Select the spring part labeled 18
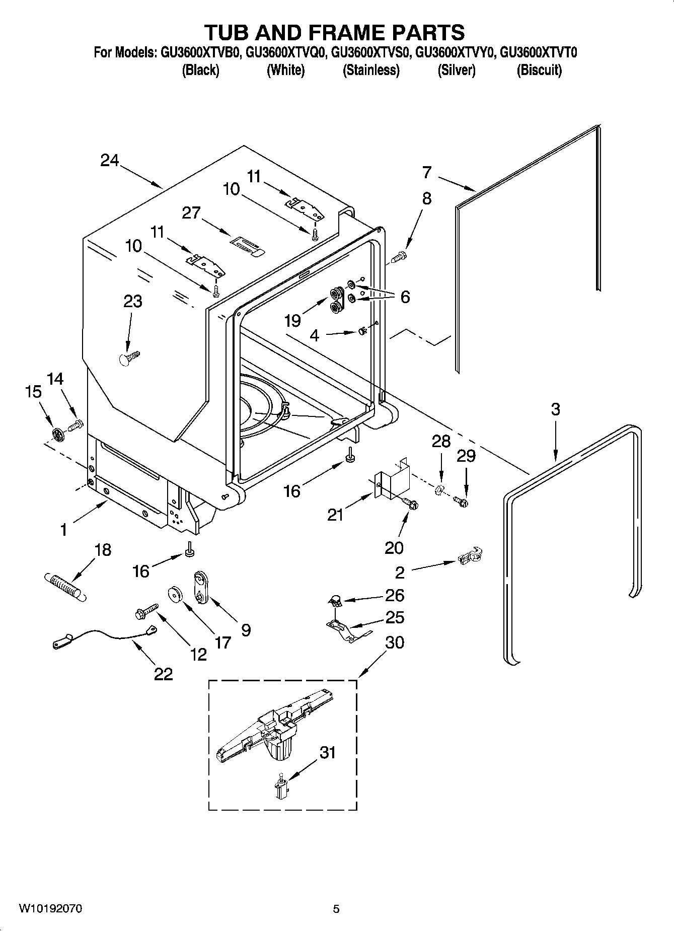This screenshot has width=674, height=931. (64, 585)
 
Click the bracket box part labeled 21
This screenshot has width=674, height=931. (393, 479)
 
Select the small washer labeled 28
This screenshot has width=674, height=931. (439, 488)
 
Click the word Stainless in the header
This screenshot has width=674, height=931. (371, 70)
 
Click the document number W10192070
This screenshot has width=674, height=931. (50, 908)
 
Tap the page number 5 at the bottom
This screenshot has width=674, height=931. (336, 909)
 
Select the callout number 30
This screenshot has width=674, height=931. (394, 642)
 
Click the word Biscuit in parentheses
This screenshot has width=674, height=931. (539, 70)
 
